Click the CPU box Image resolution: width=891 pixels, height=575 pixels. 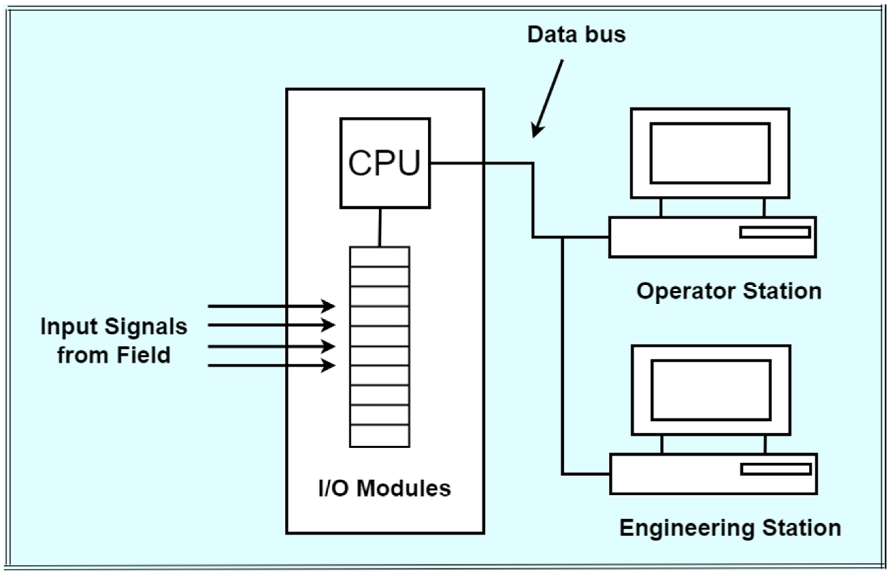pos(385,163)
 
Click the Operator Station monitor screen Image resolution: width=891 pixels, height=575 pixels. pos(710,153)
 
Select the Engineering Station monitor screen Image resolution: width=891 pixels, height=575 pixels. pos(711,390)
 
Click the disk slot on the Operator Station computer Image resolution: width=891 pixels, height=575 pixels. pos(775,233)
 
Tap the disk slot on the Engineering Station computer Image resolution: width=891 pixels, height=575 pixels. pos(776,469)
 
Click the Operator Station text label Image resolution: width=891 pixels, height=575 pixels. pos(729,291)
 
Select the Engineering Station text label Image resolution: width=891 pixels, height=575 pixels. pos(730,528)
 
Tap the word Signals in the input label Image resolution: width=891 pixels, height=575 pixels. pos(146,327)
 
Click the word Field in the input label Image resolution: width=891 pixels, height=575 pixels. pos(143,355)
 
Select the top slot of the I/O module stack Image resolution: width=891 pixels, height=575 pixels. pos(379,256)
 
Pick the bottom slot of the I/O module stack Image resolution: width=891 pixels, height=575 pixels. pos(379,435)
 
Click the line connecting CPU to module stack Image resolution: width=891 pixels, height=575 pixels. pos(380,227)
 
